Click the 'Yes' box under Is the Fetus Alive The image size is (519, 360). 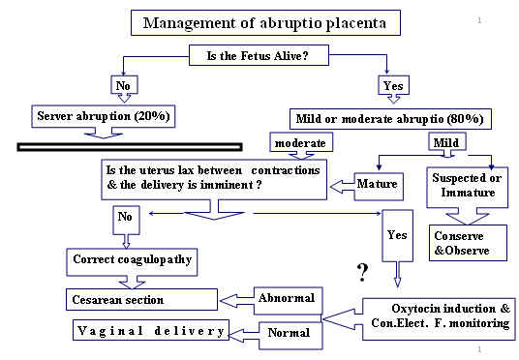392,85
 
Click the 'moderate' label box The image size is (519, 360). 303,144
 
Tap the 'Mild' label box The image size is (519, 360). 447,144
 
